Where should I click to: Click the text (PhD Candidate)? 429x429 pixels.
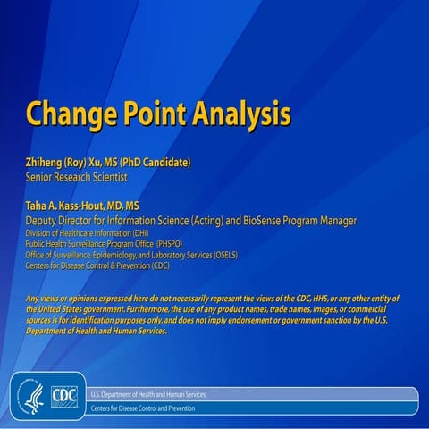[x=160, y=163]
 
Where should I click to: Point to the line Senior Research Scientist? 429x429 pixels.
[x=79, y=177]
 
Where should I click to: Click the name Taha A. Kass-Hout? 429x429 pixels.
[x=71, y=206]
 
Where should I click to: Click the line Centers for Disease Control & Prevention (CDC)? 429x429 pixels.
[x=97, y=265]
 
